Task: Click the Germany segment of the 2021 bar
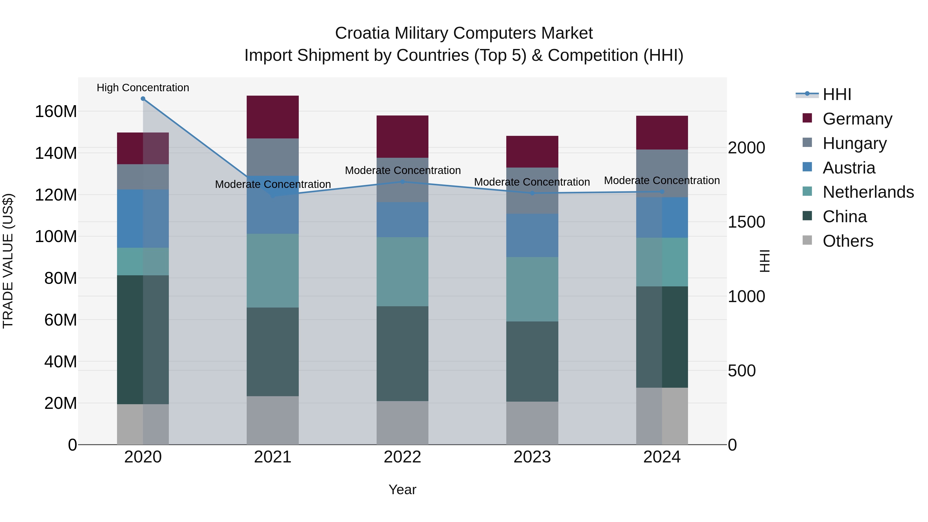273,117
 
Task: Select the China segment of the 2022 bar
402,353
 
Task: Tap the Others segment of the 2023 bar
532,423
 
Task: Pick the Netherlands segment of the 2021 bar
273,271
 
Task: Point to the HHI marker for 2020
143,99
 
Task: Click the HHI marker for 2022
402,182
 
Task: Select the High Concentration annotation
143,88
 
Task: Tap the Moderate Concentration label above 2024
662,180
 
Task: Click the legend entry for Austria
849,168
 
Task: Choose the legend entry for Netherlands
868,192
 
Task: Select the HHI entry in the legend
837,94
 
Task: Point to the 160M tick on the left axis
56,112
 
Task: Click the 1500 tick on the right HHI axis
746,222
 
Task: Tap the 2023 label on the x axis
532,457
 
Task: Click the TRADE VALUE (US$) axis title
8,261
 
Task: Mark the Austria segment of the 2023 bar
532,235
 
